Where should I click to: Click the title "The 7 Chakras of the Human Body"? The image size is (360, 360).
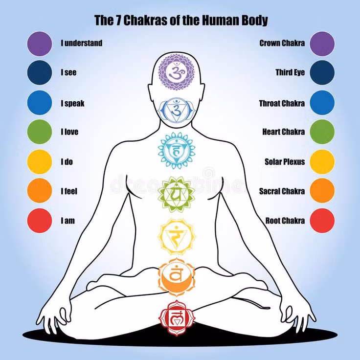(181, 20)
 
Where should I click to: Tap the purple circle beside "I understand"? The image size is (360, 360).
(40, 44)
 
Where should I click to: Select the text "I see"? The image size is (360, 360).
(68, 72)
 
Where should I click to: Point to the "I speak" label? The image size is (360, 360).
(72, 104)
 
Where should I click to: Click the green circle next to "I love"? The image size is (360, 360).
(40, 132)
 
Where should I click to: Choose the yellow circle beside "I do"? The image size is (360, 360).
(40, 161)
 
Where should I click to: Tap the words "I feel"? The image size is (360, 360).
(69, 191)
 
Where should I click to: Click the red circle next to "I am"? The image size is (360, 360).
(40, 221)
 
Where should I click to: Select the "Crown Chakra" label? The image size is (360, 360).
(282, 43)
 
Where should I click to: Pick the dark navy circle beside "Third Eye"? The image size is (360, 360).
(322, 72)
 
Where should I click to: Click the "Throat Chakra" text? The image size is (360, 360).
(282, 104)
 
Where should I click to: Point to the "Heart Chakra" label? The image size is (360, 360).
(284, 132)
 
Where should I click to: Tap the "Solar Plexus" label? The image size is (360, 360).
(285, 161)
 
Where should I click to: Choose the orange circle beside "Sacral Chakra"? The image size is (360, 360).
(322, 191)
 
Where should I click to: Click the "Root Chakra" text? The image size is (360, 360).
(285, 221)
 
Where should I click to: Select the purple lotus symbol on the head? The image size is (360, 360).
(176, 72)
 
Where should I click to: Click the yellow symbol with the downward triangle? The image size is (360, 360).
(176, 237)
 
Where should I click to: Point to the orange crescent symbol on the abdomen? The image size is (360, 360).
(176, 277)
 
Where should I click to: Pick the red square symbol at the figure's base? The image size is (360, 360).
(177, 318)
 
